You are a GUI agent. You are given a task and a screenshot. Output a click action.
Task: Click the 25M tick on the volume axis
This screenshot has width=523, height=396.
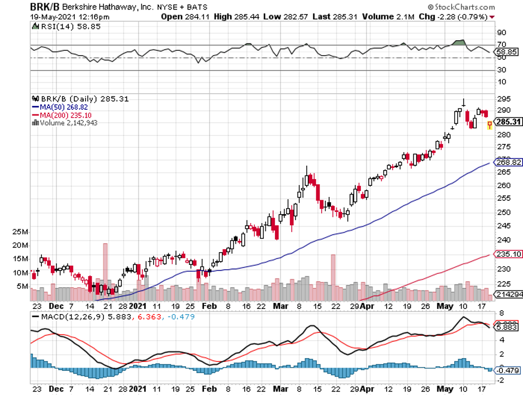pos(20,231)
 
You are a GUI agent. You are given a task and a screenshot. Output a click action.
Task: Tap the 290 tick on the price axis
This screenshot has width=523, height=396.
pos(503,110)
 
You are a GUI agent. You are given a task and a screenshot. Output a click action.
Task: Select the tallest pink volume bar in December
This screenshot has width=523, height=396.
pos(105,272)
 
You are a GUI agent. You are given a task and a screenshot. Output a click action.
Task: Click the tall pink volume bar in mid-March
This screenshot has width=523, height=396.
pos(333,278)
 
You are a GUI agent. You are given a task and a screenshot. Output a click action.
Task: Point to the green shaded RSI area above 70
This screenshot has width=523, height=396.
pos(459,42)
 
